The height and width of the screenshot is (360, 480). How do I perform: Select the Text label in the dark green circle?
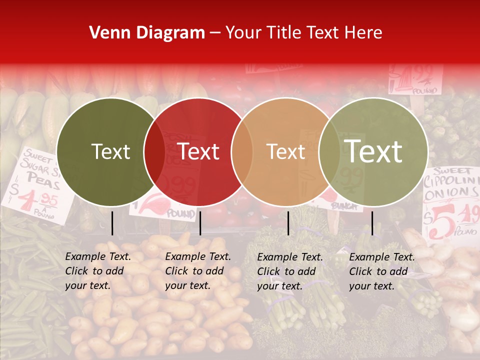pyautogui.click(x=111, y=152)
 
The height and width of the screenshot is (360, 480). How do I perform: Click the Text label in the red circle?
pyautogui.click(x=198, y=152)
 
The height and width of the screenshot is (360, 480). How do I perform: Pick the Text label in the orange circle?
pyautogui.click(x=285, y=152)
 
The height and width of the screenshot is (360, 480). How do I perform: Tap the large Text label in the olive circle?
pyautogui.click(x=373, y=152)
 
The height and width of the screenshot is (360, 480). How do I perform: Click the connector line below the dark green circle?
pyautogui.click(x=112, y=223)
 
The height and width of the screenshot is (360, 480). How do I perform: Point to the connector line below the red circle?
pyautogui.click(x=200, y=223)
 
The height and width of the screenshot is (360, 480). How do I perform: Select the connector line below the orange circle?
pyautogui.click(x=288, y=223)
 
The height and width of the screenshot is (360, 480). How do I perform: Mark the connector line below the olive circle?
pyautogui.click(x=372, y=223)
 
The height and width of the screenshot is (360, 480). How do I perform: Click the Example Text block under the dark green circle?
pyautogui.click(x=98, y=271)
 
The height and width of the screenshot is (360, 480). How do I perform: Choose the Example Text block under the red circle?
pyautogui.click(x=198, y=271)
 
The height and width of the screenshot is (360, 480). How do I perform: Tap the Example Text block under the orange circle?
pyautogui.click(x=290, y=271)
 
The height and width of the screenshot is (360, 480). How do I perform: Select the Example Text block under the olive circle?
pyautogui.click(x=382, y=271)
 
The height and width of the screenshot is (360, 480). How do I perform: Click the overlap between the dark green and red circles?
pyautogui.click(x=154, y=152)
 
